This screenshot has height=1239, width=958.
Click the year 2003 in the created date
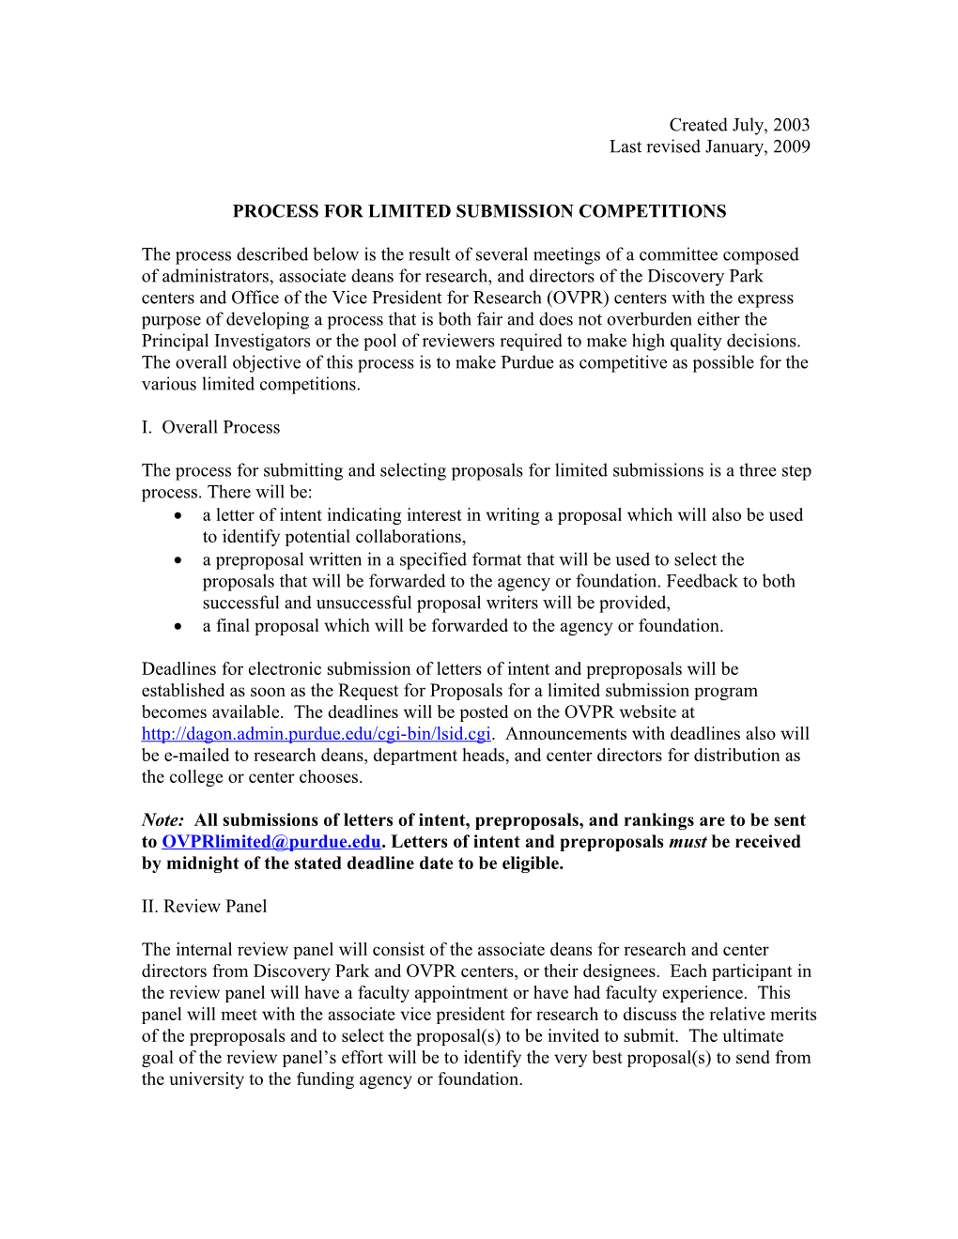(791, 125)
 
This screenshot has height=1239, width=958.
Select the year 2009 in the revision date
(791, 146)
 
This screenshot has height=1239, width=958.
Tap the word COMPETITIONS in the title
(652, 211)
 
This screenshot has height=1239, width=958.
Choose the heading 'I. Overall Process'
(210, 427)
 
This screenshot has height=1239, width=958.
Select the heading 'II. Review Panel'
(204, 906)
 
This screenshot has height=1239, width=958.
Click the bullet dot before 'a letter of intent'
(178, 515)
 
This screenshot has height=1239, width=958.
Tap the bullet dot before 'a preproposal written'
(178, 559)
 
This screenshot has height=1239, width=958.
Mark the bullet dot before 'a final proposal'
(178, 626)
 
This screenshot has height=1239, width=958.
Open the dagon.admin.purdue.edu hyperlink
(316, 734)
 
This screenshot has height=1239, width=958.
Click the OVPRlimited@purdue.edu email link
(271, 842)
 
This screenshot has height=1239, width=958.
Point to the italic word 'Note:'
(162, 820)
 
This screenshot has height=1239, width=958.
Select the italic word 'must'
(688, 842)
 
